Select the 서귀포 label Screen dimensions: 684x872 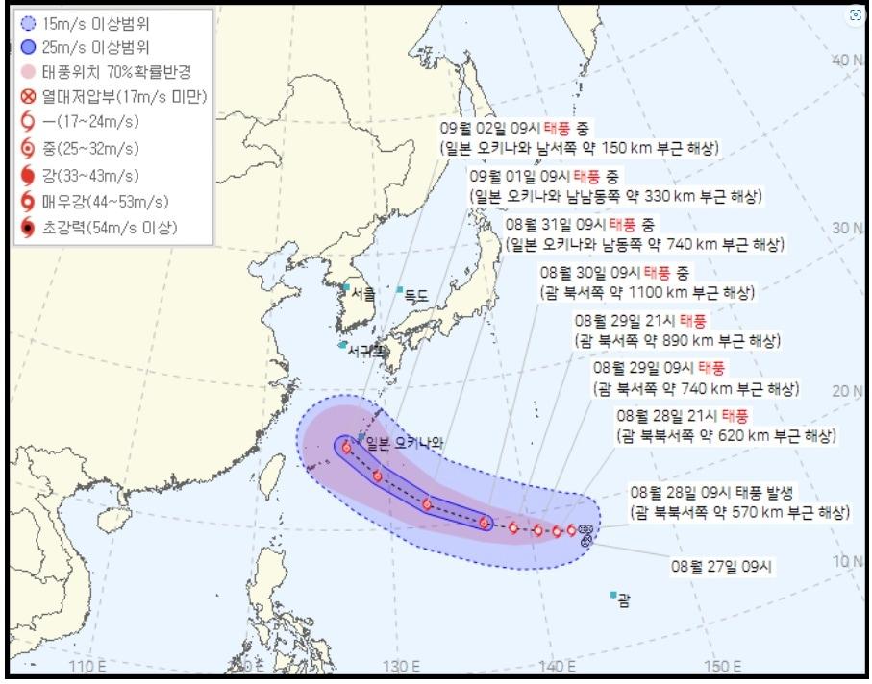364,351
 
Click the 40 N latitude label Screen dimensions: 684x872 846,61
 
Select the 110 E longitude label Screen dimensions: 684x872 88,667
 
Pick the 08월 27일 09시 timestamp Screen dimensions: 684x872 721,567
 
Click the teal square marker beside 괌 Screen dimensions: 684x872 612,596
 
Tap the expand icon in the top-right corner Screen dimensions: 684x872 855,15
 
